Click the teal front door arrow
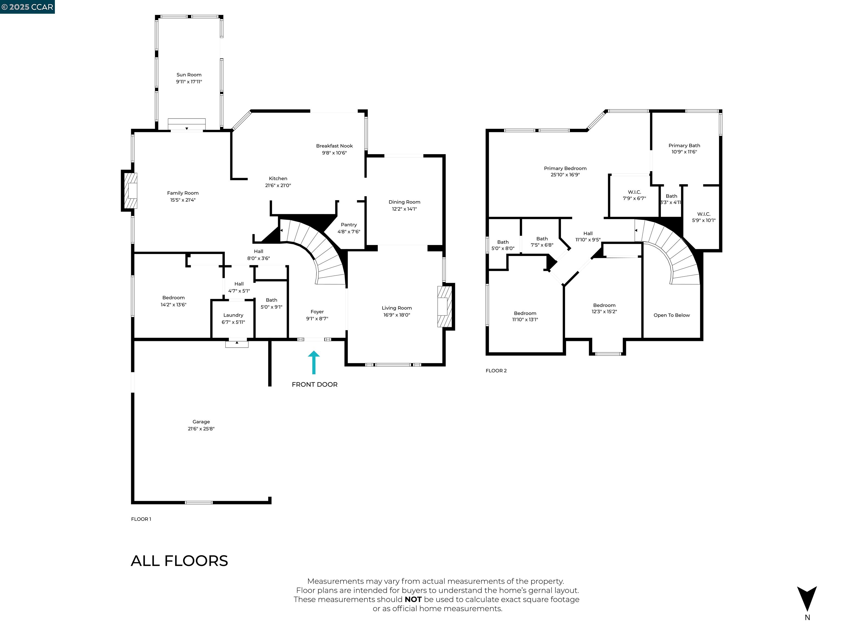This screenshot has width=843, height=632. (314, 363)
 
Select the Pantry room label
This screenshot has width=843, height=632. (349, 225)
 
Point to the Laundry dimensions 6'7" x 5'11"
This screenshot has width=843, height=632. (233, 322)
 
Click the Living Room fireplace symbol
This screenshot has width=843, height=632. (444, 306)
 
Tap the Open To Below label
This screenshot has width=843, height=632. (671, 315)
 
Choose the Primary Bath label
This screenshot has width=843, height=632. (684, 146)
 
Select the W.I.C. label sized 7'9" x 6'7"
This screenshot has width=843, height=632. (634, 192)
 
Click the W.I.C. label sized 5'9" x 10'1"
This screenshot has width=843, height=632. (704, 214)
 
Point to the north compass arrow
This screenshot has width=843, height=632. (807, 599)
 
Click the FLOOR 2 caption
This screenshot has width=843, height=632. (496, 371)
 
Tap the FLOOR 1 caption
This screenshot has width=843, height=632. (141, 519)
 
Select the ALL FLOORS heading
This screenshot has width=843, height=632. (179, 561)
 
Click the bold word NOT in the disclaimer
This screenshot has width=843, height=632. (413, 600)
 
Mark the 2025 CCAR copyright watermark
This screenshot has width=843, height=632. (27, 7)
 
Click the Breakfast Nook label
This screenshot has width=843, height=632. (334, 146)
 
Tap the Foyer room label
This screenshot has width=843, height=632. (317, 312)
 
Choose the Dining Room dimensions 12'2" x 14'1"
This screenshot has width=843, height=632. (404, 209)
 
